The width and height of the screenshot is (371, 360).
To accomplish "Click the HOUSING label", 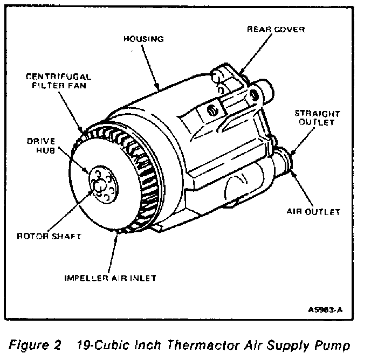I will [x=143, y=39].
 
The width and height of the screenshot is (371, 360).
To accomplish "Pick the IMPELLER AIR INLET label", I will [x=111, y=278].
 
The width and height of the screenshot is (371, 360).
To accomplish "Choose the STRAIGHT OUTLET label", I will [x=318, y=117].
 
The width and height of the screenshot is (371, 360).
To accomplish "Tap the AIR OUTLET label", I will [x=313, y=212].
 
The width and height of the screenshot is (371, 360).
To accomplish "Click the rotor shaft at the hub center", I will [x=100, y=185].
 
